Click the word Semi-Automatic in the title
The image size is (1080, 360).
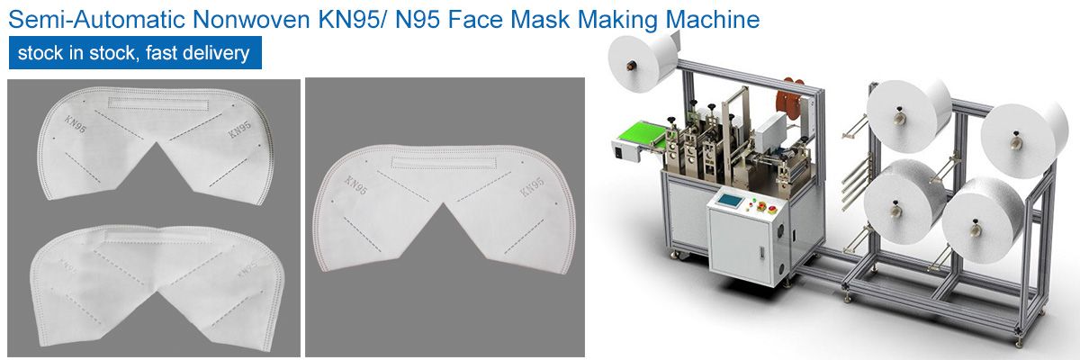coord(96,19)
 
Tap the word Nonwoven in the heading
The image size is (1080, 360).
coord(251,19)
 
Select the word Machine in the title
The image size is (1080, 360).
coord(713,19)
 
